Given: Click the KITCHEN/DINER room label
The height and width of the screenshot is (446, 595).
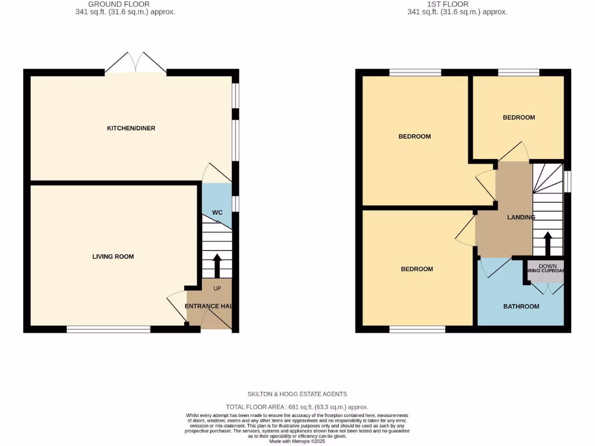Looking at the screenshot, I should point(131,128).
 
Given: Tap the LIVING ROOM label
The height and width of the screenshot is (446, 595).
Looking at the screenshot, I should point(113,256).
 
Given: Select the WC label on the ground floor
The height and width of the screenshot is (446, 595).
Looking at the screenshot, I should point(217,213).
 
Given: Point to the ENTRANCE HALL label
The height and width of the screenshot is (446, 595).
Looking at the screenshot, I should point(210,306).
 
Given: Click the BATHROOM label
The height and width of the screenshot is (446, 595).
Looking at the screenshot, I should point(521,306).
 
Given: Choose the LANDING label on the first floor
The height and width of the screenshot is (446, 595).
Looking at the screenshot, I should point(521,217).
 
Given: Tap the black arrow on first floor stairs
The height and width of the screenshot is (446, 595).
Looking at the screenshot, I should point(547,243).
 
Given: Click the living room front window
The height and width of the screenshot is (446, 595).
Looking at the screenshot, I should point(109,329).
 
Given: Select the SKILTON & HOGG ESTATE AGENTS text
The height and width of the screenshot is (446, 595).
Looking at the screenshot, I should point(297,394).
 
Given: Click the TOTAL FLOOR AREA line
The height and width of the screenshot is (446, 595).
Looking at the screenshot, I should point(297,407).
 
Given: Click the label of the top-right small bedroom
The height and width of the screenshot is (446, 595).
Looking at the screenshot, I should point(519,117).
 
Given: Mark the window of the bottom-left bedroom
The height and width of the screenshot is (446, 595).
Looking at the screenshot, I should point(417,329).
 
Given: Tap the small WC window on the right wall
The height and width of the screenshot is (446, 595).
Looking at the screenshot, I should point(235,204).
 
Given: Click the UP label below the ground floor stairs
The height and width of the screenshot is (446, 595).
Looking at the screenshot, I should point(216,289).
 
